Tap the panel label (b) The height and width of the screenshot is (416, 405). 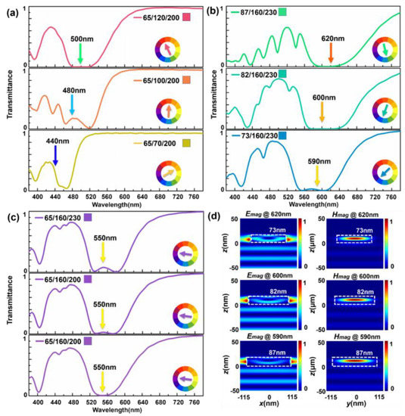click(214, 11)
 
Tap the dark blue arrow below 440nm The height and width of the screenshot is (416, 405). click(55, 155)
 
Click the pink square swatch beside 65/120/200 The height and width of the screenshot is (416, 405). click(186, 17)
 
